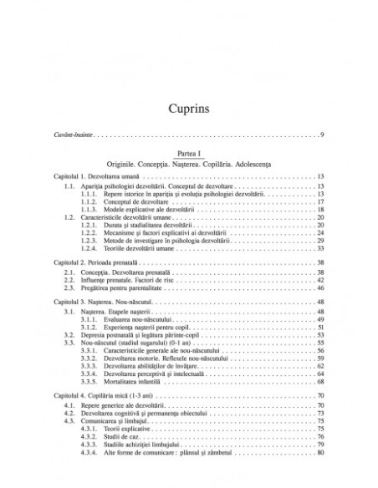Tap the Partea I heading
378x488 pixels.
tap(188, 151)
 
